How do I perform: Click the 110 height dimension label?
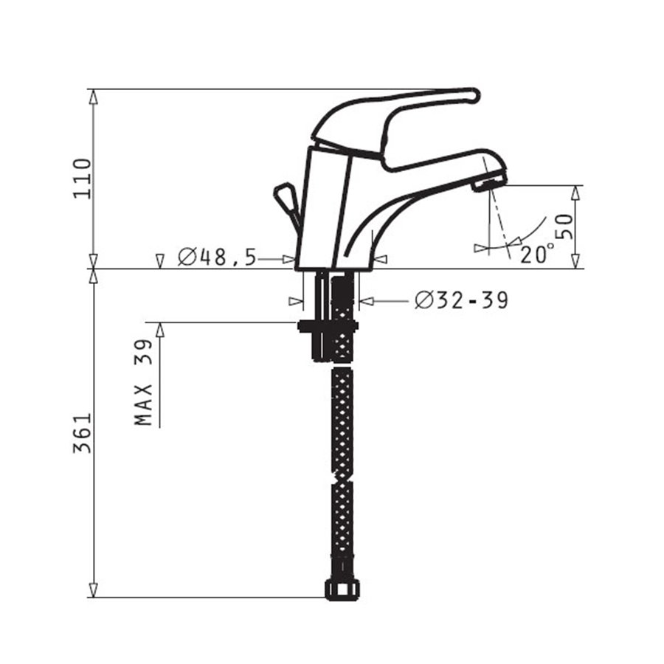pos(82,179)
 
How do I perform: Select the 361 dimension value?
pos(82,433)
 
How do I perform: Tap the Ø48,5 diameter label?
pos(217,257)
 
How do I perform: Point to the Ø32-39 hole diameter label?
pos(461,301)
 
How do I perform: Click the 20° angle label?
pos(537,254)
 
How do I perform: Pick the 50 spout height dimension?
pos(564,226)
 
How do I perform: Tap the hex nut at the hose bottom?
pos(342,589)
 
